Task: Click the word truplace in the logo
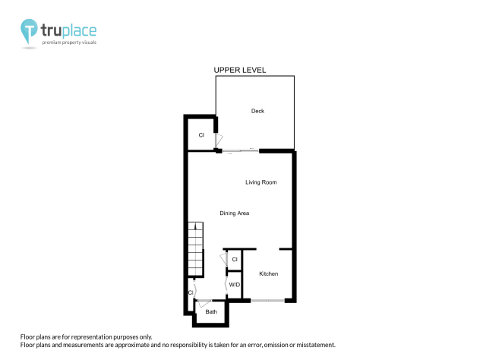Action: [69, 31]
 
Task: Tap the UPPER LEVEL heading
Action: [240, 70]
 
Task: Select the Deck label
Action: [257, 111]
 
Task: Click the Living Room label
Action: [261, 182]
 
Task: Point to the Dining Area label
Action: [235, 213]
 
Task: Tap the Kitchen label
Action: [268, 273]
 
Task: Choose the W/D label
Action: [235, 285]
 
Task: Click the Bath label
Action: [211, 311]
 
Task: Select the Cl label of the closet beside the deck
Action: [201, 135]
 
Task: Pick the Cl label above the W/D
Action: [235, 260]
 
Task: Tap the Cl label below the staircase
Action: [191, 292]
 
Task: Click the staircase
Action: [196, 249]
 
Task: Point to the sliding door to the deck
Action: [241, 151]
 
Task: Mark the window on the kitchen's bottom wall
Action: [268, 302]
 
